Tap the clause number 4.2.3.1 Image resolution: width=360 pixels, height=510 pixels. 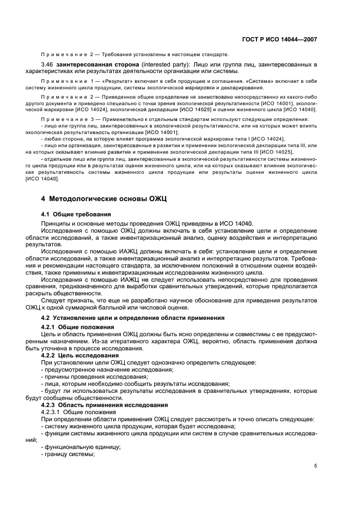click(x=51, y=412)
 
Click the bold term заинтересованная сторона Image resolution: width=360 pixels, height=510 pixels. click(x=96, y=65)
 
